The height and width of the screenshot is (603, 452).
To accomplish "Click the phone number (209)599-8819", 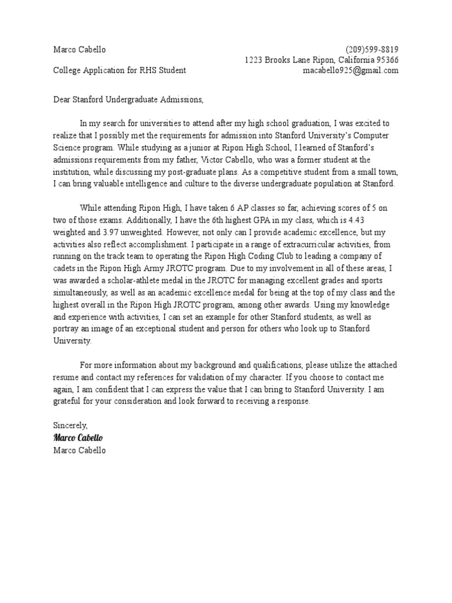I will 371,49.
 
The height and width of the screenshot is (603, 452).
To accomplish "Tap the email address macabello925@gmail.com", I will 350,71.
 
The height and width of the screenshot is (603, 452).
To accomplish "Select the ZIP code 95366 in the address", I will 386,60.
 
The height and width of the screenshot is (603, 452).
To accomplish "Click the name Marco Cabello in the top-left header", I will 79,49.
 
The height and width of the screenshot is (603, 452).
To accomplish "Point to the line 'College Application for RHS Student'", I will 119,71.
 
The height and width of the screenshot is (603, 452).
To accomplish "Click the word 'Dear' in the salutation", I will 62,100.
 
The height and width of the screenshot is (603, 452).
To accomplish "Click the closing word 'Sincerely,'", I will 70,425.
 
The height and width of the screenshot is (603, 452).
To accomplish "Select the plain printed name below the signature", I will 80,450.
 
